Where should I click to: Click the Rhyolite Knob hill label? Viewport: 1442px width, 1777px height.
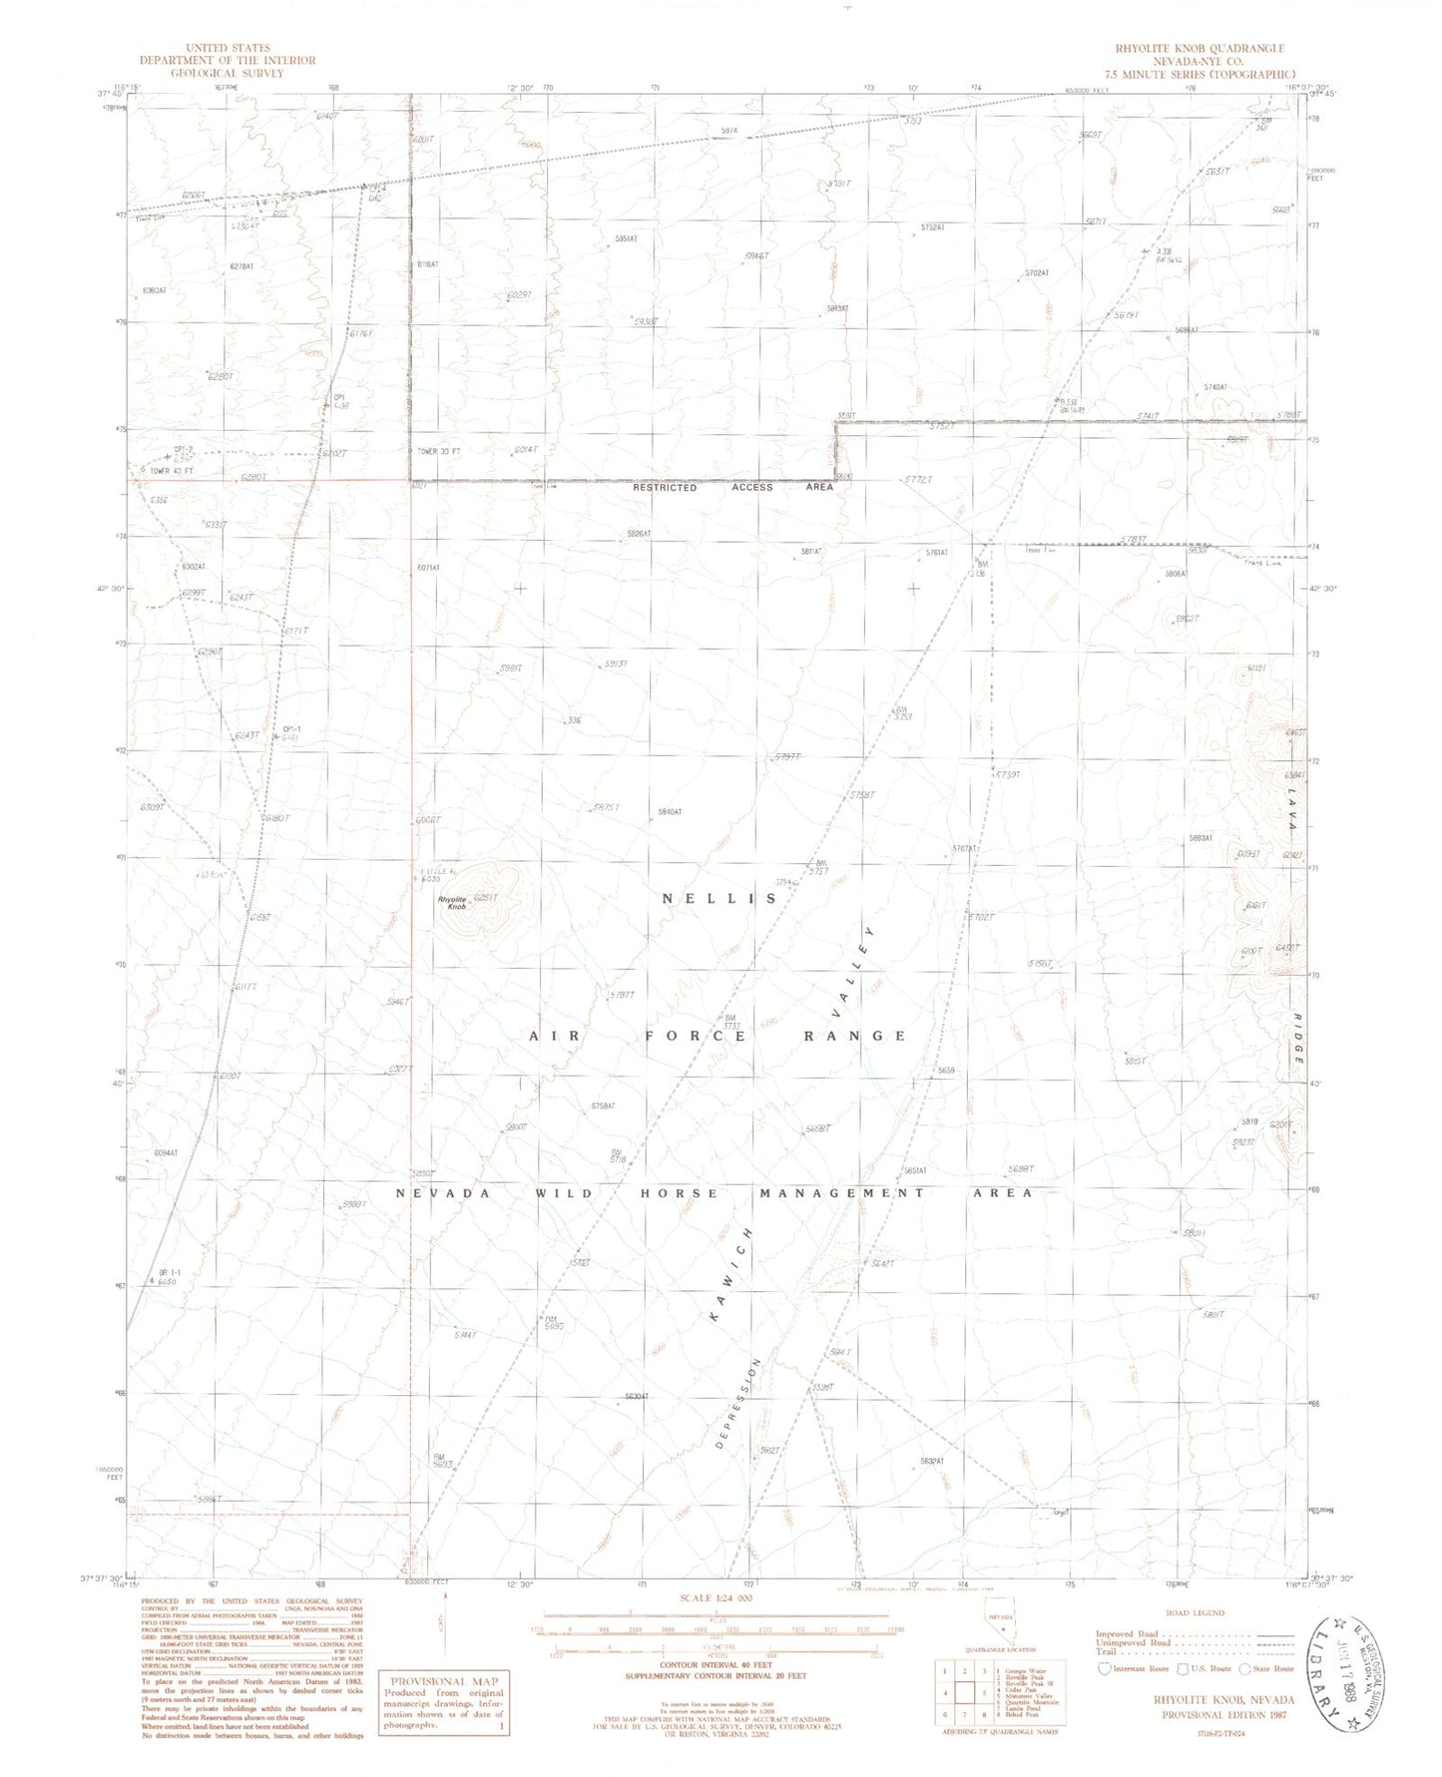tap(453, 903)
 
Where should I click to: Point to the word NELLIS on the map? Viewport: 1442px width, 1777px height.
tap(720, 899)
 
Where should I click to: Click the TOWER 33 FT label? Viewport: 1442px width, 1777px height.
tap(444, 451)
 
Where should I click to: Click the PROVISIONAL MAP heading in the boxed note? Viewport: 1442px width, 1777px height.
tap(437, 1681)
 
